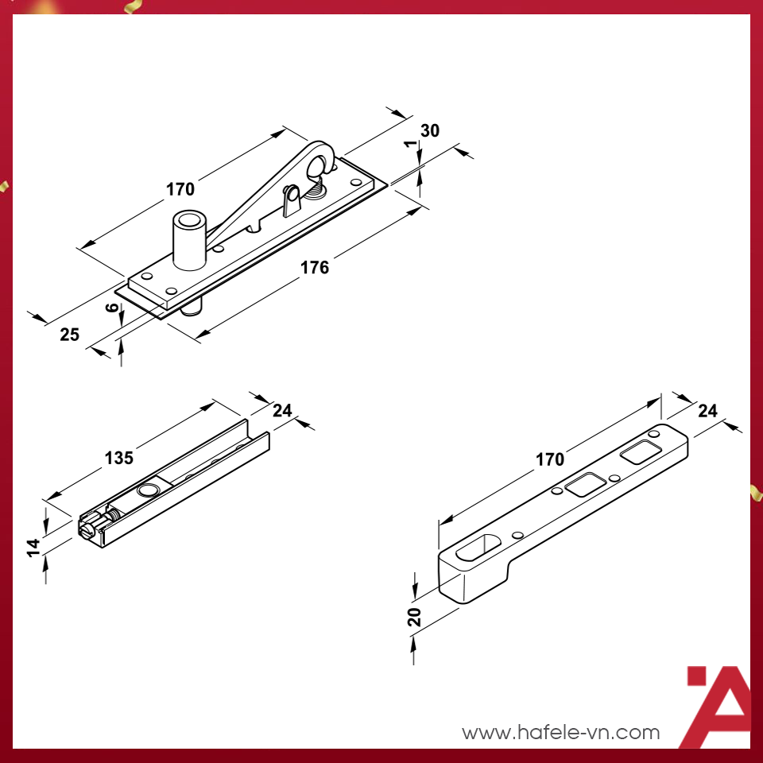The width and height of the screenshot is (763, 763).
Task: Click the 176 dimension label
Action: [x=315, y=267]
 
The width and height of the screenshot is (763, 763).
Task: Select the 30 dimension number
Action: [x=430, y=131]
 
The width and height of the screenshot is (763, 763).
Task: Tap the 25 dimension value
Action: [x=70, y=335]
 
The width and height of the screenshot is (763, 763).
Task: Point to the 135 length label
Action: [x=119, y=458]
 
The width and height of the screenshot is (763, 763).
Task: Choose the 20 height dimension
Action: [x=414, y=617]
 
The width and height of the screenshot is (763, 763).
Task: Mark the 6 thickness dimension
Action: [x=112, y=308]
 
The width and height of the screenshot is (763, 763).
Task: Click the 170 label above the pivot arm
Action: [x=180, y=189]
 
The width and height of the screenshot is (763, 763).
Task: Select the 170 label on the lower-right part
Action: [x=550, y=459]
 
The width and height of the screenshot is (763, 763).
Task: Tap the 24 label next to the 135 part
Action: [x=282, y=410]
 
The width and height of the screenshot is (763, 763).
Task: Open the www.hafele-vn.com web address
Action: [x=561, y=732]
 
